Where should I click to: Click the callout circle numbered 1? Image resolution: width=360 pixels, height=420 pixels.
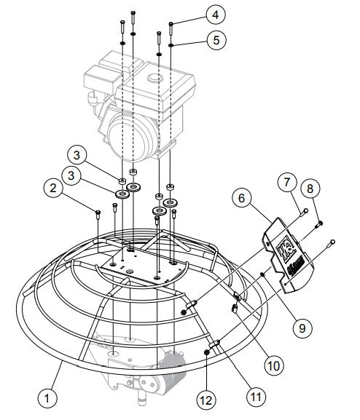tap(47, 397)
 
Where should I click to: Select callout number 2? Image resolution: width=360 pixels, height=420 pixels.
tap(51, 189)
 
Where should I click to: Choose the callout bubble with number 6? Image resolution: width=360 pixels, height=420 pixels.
tap(242, 197)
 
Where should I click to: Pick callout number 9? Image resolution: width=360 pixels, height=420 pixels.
tap(298, 326)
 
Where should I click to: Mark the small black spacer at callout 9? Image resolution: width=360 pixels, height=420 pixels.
tap(262, 274)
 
